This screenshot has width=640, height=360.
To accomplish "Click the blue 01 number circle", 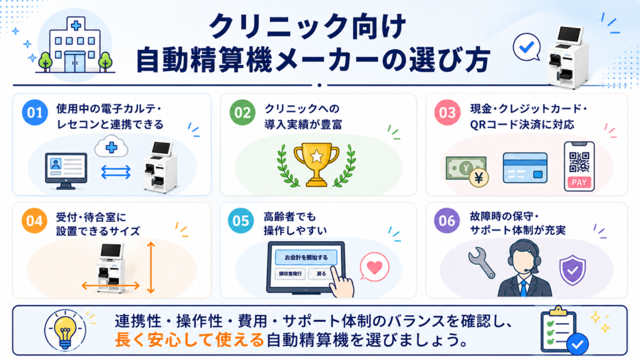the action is pyautogui.click(x=35, y=112).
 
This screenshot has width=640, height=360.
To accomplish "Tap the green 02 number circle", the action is pyautogui.click(x=242, y=112).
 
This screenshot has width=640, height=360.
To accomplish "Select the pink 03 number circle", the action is pyautogui.click(x=447, y=112).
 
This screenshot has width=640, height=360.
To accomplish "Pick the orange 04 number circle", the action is pyautogui.click(x=34, y=221).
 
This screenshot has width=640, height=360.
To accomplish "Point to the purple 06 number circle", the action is pyautogui.click(x=446, y=221).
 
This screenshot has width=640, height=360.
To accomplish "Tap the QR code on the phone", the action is pyautogui.click(x=579, y=162).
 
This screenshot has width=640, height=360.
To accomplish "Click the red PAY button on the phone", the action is pyautogui.click(x=579, y=182).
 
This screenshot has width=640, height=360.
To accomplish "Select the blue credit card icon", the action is pyautogui.click(x=525, y=167).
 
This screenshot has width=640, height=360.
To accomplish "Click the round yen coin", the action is pyautogui.click(x=478, y=177).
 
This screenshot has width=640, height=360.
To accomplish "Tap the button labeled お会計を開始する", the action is pyautogui.click(x=306, y=257).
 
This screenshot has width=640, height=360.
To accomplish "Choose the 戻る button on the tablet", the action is pyautogui.click(x=321, y=274).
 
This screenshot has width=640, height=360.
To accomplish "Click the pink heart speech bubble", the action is pyautogui.click(x=374, y=267).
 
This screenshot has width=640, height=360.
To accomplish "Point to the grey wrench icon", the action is pyautogui.click(x=481, y=262).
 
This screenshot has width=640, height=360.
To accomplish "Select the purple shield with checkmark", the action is pyautogui.click(x=572, y=270).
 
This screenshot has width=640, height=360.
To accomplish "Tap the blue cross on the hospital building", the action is pyautogui.click(x=76, y=26).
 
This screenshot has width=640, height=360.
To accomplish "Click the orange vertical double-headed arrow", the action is pyautogui.click(x=151, y=267).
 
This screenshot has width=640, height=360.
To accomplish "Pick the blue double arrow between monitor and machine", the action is pyautogui.click(x=116, y=172).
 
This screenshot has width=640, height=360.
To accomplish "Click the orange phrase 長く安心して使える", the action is pyautogui.click(x=189, y=340).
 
